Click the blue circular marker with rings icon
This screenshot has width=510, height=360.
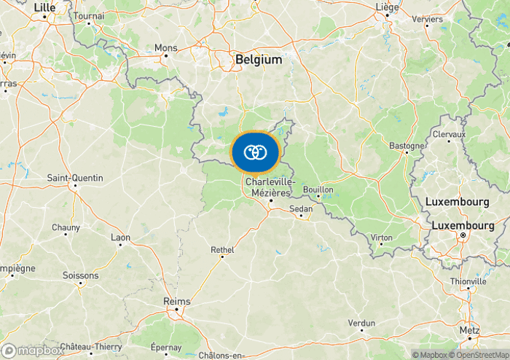click(x=254, y=152)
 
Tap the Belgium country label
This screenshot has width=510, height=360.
click(x=259, y=60)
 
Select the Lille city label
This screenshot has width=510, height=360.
click(x=44, y=7)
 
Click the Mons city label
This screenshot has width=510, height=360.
click(x=165, y=48)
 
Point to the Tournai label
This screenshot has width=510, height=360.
click(x=89, y=15)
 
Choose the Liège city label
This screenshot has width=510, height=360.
click(x=387, y=7)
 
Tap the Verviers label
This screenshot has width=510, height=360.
click(x=427, y=19)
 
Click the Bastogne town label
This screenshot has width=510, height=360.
click(x=407, y=146)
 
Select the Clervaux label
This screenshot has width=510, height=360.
click(x=448, y=135)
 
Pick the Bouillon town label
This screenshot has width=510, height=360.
click(x=318, y=189)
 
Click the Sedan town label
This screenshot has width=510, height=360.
click(x=301, y=208)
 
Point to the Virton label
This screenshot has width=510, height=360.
click(x=381, y=238)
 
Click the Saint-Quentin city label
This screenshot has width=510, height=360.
click(x=75, y=178)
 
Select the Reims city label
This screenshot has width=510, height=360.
click(x=177, y=302)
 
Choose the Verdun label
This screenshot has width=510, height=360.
click(x=361, y=323)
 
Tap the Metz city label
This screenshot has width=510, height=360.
click(x=469, y=330)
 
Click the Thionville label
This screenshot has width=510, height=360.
click(x=468, y=281)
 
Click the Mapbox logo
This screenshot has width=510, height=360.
click(x=32, y=351)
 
